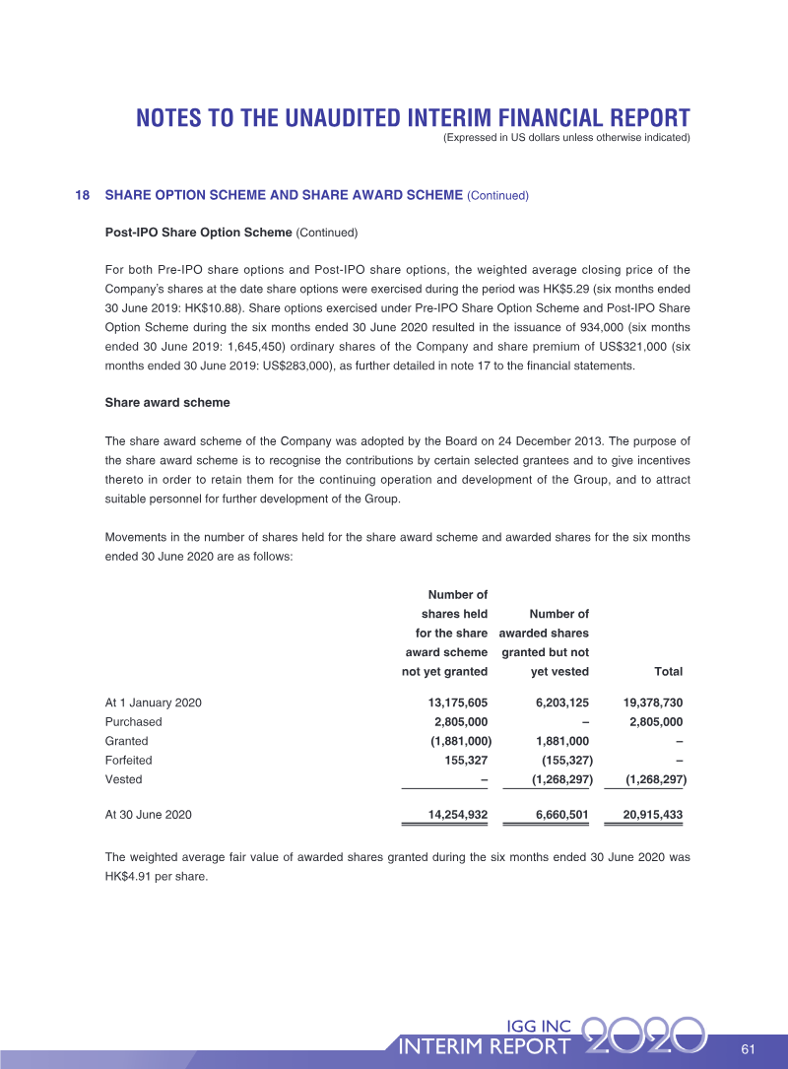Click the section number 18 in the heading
click(x=83, y=195)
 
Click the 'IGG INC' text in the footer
click(x=538, y=1026)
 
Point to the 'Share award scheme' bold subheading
click(x=166, y=402)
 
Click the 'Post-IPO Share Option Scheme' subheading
click(x=198, y=233)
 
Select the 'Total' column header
click(x=668, y=672)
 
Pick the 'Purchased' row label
click(x=133, y=721)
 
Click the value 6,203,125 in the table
click(x=561, y=702)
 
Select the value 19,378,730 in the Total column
click(x=653, y=702)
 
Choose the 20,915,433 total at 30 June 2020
click(x=653, y=815)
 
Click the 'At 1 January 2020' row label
click(x=153, y=702)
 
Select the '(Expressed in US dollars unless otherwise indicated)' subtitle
click(x=566, y=137)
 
